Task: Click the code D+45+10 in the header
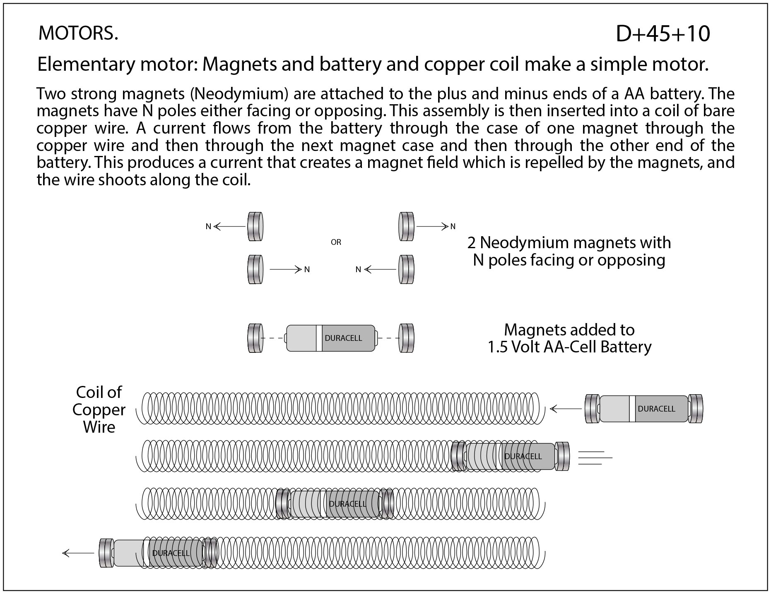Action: (663, 34)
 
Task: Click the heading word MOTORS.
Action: (78, 34)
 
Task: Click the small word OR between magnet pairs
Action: (336, 242)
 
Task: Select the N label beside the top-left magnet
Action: (208, 227)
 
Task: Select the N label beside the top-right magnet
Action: (453, 227)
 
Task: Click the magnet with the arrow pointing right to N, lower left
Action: (255, 269)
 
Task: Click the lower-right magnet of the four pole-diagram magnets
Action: (406, 269)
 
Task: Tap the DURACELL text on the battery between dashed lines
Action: (343, 338)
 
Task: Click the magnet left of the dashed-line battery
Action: (255, 338)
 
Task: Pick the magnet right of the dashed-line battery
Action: (406, 338)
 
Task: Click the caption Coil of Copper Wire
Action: (99, 410)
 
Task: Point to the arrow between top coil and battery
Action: (566, 409)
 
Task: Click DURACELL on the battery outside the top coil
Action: (656, 409)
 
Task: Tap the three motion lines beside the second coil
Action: (594, 457)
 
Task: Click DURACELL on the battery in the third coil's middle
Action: (347, 504)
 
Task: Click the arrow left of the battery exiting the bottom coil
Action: (78, 553)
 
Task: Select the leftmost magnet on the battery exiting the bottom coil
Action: (106, 553)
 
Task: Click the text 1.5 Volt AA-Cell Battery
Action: (569, 347)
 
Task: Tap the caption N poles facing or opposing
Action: (569, 260)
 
